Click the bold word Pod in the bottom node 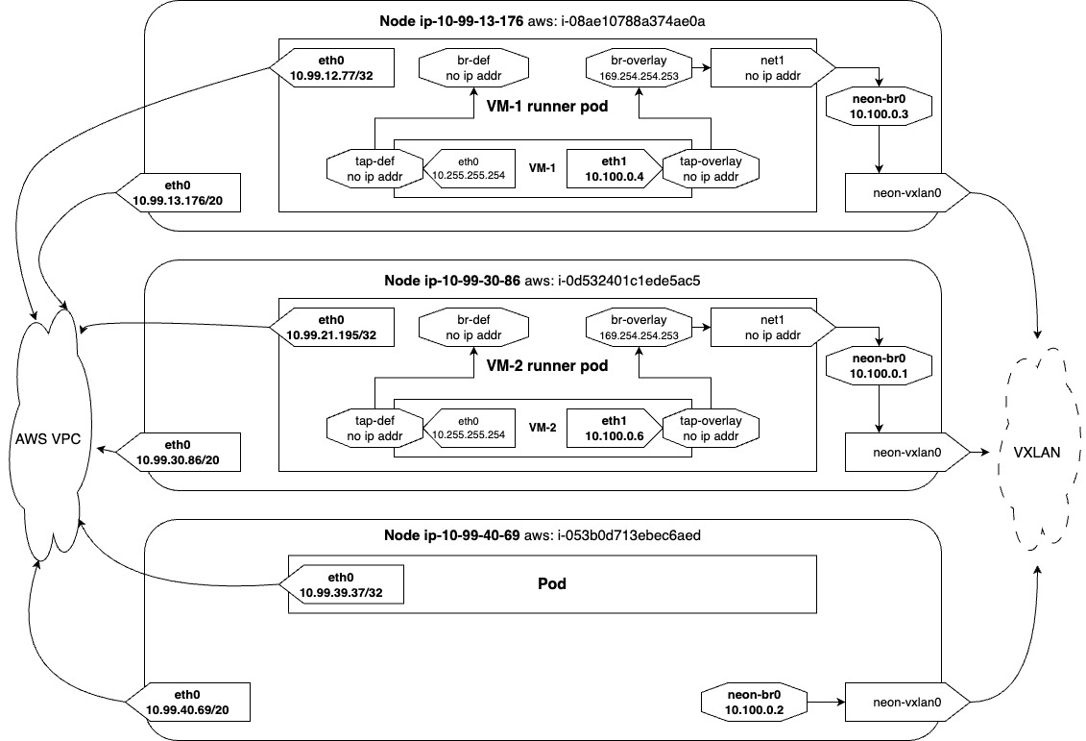coord(552,582)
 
